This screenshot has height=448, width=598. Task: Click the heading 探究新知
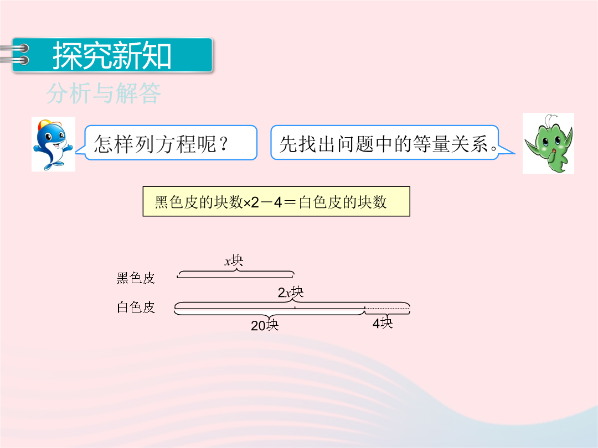[112, 56]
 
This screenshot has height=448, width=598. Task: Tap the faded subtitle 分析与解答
[104, 93]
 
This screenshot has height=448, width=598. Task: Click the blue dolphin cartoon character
[53, 144]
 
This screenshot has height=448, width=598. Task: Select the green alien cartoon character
[548, 144]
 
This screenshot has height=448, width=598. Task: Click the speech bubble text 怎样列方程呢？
[161, 144]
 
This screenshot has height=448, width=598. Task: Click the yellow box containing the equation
[276, 201]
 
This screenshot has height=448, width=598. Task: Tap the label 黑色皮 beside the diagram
[136, 278]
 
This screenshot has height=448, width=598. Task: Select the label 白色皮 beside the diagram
[136, 306]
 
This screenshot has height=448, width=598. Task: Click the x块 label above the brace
[234, 261]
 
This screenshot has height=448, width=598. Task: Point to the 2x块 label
[291, 292]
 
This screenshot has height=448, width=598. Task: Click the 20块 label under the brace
[265, 325]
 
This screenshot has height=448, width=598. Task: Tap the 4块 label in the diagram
[383, 322]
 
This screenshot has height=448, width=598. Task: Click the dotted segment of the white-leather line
[387, 308]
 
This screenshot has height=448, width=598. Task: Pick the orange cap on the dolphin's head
[49, 124]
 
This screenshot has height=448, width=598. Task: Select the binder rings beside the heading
[16, 54]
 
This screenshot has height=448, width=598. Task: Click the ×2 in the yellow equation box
[251, 202]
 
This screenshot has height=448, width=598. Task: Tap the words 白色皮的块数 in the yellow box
[343, 202]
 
